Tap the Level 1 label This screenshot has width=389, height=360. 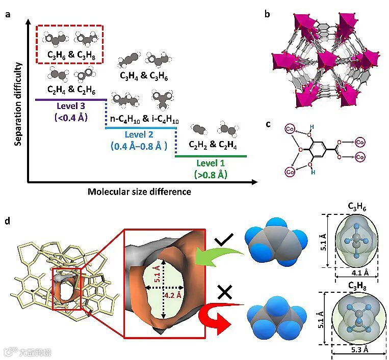click(x=210, y=163)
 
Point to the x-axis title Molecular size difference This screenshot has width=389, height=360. click(x=139, y=191)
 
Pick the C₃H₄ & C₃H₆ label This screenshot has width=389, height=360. click(x=144, y=76)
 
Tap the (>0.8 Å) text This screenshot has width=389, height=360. click(x=210, y=175)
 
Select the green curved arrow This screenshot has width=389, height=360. click(x=224, y=257)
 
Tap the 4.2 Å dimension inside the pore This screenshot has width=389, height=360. click(x=168, y=295)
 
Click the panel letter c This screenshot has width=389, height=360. click(x=269, y=124)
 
